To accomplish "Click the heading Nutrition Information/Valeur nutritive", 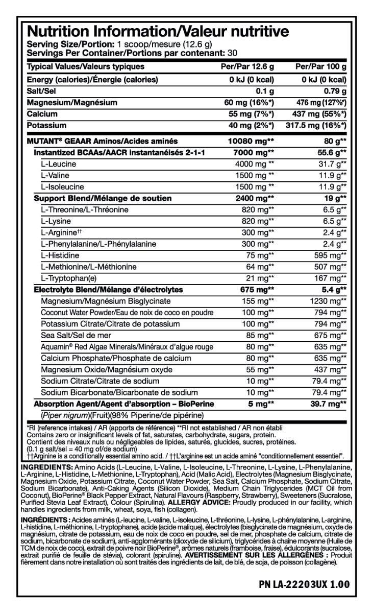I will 158,32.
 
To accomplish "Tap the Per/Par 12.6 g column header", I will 249,66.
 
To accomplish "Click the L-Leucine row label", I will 59,163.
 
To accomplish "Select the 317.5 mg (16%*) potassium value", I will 317,126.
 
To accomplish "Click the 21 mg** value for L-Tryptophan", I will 263,278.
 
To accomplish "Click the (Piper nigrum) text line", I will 122,414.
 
